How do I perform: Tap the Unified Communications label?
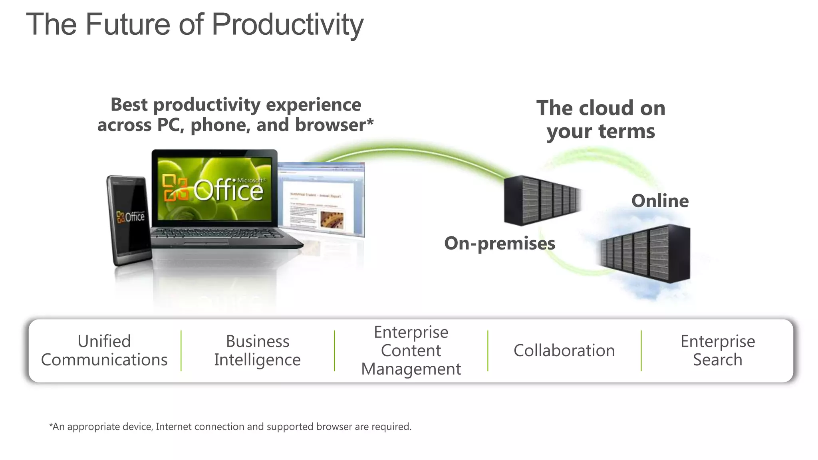coord(104,351)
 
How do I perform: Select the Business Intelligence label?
coord(258,351)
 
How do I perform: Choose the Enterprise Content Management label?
coord(411,351)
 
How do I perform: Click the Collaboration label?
coord(564,351)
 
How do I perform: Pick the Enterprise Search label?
coord(717,351)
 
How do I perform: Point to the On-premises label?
coord(500,243)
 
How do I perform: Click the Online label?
coord(660,201)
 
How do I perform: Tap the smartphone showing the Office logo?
coord(129,220)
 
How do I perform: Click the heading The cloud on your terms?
coord(601,119)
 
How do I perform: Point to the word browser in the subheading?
coord(330,125)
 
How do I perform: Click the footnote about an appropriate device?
coord(230,426)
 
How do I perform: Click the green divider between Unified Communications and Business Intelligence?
coord(181,351)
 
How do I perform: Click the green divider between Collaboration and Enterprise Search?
coord(641,351)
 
